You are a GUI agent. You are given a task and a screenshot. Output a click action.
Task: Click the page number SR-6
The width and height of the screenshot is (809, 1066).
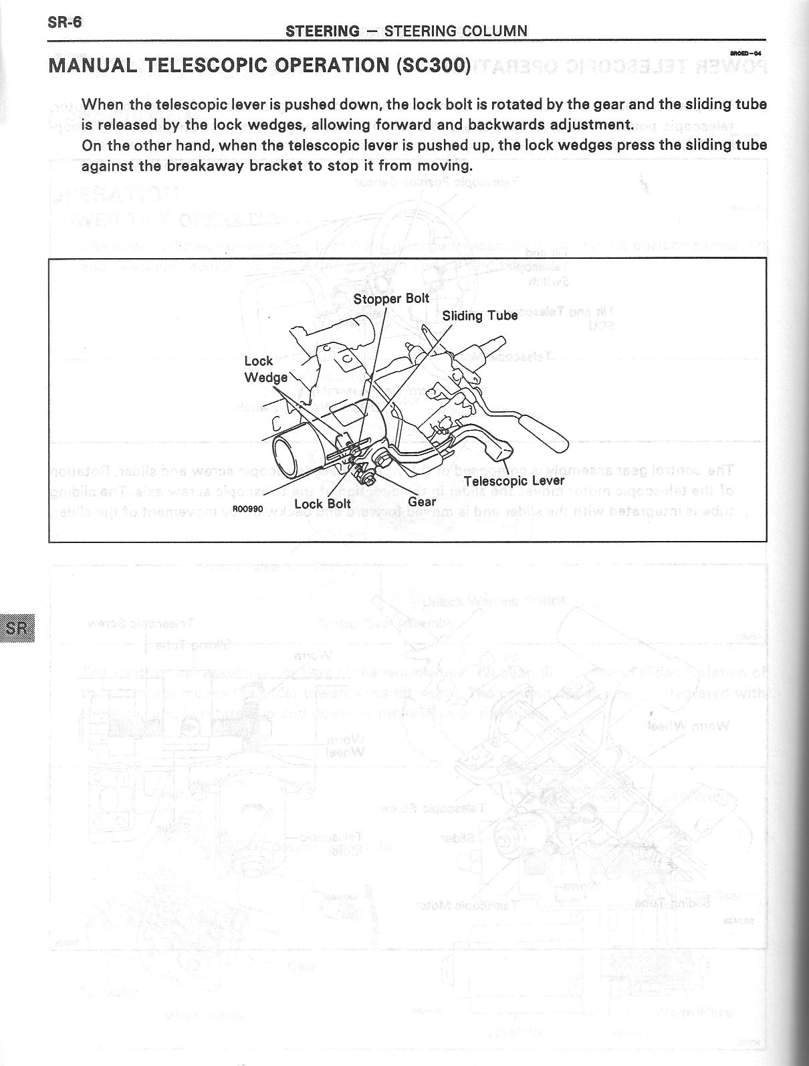coord(64,22)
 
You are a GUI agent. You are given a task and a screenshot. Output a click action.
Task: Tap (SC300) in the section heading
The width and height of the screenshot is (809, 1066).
coord(433,66)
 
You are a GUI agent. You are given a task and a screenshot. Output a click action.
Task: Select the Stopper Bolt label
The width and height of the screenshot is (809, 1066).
coord(391,298)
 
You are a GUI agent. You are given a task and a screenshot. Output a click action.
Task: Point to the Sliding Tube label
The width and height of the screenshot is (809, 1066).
coord(480,315)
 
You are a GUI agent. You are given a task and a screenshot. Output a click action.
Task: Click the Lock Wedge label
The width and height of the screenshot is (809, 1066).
coord(265,370)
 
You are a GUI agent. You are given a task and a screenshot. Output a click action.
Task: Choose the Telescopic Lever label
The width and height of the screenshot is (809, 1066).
coord(514,481)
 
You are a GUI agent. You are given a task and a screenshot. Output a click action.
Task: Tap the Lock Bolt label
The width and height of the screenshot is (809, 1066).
coord(323,504)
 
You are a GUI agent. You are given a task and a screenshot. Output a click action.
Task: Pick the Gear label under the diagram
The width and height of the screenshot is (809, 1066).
coord(422,502)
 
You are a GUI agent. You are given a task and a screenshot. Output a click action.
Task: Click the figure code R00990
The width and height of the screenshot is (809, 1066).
coord(247,509)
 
